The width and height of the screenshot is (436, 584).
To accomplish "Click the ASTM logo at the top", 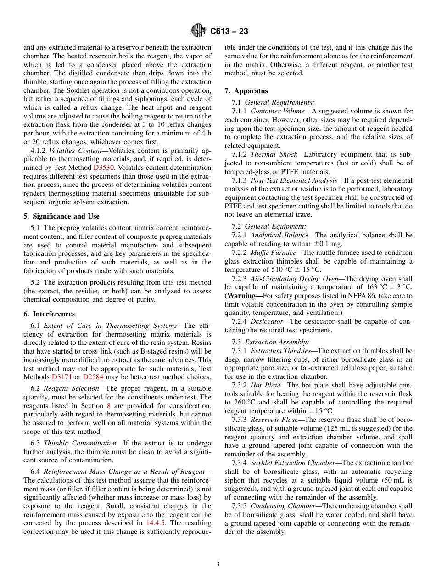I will (x=198, y=31).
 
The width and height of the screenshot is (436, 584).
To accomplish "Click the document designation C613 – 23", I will (x=229, y=31).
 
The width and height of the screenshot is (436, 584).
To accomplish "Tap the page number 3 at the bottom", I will (x=218, y=564).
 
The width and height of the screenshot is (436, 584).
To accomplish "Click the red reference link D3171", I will (x=61, y=377).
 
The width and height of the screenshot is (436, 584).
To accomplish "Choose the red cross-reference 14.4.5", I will (x=156, y=523).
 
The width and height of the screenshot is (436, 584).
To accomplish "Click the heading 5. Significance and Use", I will (x=61, y=216).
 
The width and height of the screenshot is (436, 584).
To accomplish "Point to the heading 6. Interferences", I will (x=49, y=314).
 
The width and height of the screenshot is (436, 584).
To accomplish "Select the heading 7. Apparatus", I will (x=246, y=91).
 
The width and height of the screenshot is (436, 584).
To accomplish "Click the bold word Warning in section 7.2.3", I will (x=244, y=296).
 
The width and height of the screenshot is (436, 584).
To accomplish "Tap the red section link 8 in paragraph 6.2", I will (x=109, y=406).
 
